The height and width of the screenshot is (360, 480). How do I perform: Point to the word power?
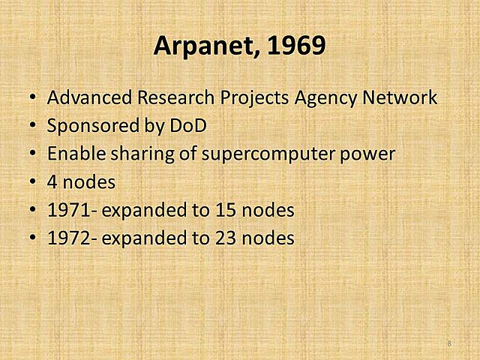point(365,155)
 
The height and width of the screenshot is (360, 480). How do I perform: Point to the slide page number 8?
point(449,343)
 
